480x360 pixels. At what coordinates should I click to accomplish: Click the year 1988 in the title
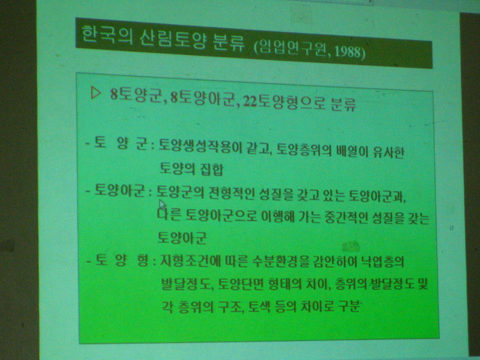[348, 52]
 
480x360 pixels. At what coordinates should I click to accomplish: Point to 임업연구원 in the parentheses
[293, 49]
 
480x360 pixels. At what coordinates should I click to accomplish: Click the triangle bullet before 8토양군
[95, 93]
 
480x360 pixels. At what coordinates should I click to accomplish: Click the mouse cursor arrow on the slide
[162, 205]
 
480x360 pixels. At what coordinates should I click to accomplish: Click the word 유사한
[389, 152]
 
